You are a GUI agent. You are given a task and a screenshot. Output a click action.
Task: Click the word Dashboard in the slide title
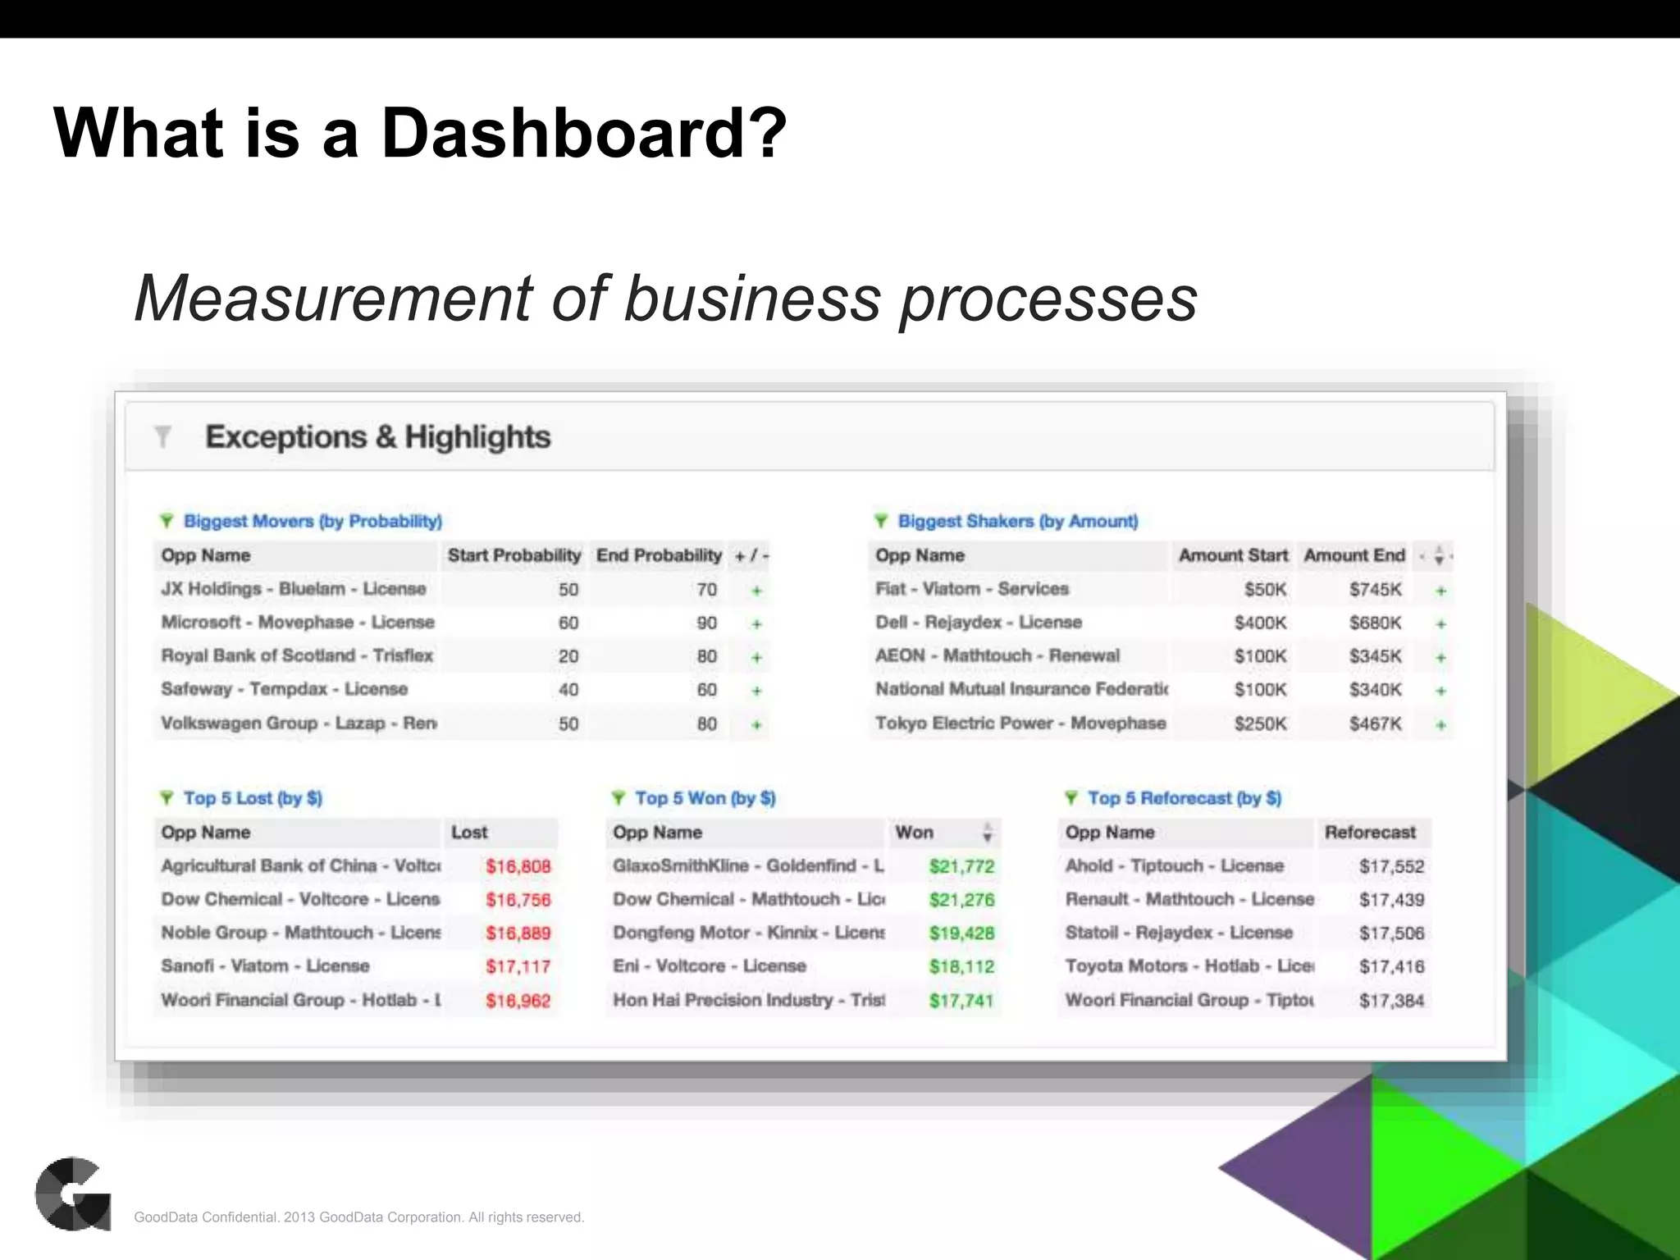point(583,133)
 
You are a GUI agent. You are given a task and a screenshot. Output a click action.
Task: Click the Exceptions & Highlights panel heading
point(377,437)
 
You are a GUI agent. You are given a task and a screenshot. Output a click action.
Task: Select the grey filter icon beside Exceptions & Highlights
point(162,436)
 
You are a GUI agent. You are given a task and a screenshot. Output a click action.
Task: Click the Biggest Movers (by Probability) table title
point(313,521)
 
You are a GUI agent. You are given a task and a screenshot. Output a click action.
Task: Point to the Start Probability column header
point(514,555)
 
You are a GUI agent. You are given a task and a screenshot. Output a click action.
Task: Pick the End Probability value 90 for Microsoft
point(706,623)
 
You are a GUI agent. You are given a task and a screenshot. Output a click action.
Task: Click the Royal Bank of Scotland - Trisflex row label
point(297,655)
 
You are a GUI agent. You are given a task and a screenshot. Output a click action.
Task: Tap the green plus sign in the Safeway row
point(756,691)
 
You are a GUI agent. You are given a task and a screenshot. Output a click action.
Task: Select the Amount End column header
point(1354,555)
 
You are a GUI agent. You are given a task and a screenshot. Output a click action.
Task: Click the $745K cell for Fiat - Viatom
point(1375,589)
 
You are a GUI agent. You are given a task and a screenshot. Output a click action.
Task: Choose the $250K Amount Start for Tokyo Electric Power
point(1260,724)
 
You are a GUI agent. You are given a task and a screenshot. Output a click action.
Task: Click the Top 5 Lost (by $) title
point(253,798)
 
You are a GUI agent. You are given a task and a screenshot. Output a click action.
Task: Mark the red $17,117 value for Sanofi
point(518,966)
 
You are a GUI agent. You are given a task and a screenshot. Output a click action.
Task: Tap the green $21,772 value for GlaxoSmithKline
point(961,866)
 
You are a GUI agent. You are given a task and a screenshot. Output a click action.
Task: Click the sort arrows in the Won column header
point(988,833)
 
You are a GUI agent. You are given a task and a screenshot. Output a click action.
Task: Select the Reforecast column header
point(1370,833)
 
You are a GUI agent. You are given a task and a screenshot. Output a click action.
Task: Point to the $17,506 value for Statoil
point(1391,933)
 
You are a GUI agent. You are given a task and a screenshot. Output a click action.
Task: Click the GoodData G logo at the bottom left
point(73,1194)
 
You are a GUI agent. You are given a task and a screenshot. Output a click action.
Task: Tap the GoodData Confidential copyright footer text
point(359,1217)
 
